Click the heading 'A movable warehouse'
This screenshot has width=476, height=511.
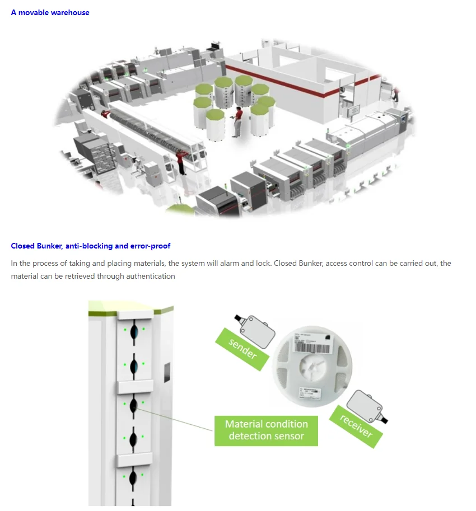point(50,12)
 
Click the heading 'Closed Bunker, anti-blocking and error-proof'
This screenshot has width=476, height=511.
point(90,246)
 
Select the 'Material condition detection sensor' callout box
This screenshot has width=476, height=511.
point(266,430)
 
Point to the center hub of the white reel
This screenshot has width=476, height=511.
point(312,367)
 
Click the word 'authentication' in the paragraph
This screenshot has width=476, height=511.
point(150,276)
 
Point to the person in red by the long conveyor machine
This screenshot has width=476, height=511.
point(180,161)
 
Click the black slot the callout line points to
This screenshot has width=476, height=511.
point(134,406)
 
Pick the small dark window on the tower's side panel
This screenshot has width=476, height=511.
point(166,371)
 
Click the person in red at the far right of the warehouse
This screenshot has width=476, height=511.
point(395,93)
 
